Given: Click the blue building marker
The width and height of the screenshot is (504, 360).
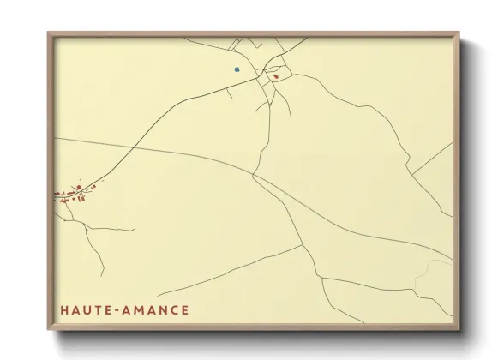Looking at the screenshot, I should point(236,69).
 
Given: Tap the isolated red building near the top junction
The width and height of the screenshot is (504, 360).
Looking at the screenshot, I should point(276,76).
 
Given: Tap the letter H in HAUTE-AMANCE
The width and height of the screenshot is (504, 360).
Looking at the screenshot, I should point(63,309).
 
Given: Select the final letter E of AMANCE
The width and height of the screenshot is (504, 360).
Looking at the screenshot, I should point(185,309).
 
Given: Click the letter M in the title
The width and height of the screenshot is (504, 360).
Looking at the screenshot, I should point(135,309).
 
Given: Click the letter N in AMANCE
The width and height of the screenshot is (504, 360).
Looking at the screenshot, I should point(161,309).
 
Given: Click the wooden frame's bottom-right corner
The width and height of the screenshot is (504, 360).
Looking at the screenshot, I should point(459,328).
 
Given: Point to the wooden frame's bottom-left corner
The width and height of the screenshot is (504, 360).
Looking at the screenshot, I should point(49,328).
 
